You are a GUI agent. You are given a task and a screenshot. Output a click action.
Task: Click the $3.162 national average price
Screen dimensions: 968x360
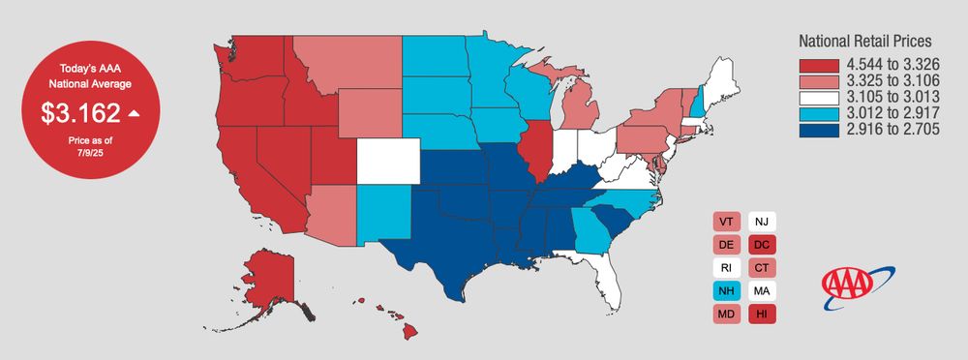tap(79, 112)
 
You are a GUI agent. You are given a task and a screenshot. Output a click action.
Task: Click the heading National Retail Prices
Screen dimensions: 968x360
tap(864, 43)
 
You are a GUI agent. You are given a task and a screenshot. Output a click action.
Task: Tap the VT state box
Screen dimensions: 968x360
tap(727, 222)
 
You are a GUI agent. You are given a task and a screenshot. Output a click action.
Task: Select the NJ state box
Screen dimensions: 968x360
tap(761, 222)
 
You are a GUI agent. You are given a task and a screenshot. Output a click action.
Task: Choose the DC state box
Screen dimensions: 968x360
tap(761, 245)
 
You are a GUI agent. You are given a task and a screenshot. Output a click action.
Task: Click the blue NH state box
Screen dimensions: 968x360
tap(727, 290)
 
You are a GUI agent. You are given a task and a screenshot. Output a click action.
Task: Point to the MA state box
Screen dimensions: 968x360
tap(761, 290)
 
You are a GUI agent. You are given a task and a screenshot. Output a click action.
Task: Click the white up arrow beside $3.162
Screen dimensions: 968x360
tap(134, 113)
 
